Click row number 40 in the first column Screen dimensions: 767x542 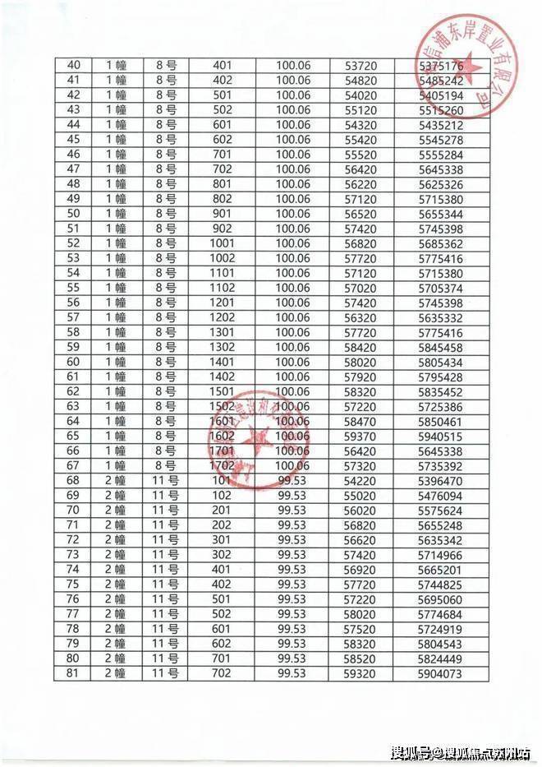(x=74, y=65)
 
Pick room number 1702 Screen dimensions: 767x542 (x=223, y=465)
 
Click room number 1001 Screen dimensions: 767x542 (x=223, y=243)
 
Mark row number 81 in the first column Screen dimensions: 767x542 (x=74, y=673)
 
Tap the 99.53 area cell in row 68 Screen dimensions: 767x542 (x=292, y=480)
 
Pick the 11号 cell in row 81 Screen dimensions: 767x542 (x=165, y=673)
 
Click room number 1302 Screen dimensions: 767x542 (x=223, y=347)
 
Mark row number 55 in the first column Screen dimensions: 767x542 (x=74, y=288)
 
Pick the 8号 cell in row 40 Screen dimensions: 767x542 (x=165, y=65)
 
